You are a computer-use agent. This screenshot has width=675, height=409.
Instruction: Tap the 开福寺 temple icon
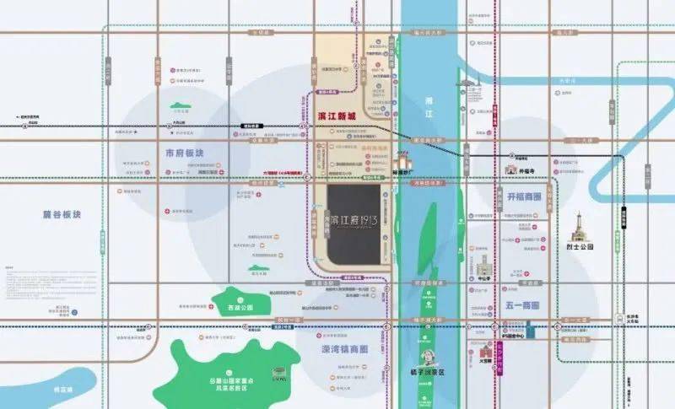pyautogui.click(x=510, y=169)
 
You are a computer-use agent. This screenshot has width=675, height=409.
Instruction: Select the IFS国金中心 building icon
pyautogui.click(x=529, y=330)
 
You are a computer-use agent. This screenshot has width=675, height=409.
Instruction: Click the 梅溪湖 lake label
pyautogui.click(x=59, y=390)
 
